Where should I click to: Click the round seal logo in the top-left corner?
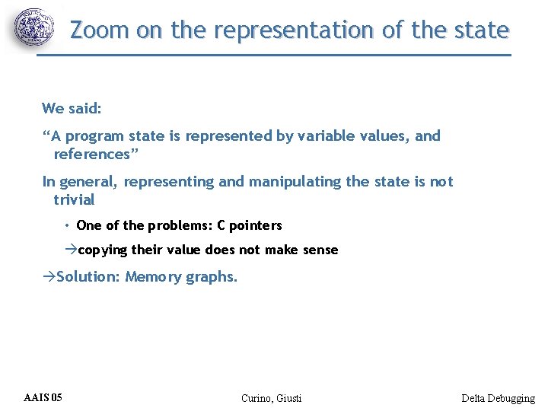coord(35,28)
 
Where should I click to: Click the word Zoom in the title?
coord(100,30)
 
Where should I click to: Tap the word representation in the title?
coord(294,30)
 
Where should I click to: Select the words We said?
coord(72,108)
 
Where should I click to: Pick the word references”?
coord(92,155)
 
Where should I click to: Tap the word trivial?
coord(74,200)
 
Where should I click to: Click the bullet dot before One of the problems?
coord(67,225)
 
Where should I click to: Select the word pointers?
coord(256,225)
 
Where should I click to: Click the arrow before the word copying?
coord(71,250)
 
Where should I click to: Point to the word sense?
coord(320,250)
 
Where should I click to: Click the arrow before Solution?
coord(49,277)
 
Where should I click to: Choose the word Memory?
coord(153,277)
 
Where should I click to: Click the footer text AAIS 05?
coord(43,397)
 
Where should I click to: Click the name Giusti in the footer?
coord(288,398)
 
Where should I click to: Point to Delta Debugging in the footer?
coord(498,398)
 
